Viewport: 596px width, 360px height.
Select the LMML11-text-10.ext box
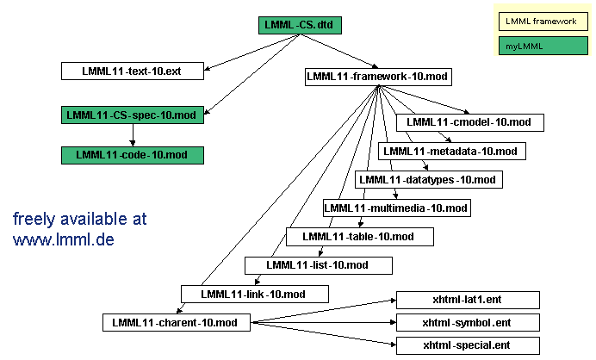[x=133, y=71]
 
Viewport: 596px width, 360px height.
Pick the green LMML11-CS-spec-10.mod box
[x=133, y=115]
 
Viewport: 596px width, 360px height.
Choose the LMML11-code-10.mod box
[x=133, y=155]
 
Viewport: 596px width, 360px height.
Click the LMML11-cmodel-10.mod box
[x=470, y=122]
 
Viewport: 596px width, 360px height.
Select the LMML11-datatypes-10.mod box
[x=428, y=180]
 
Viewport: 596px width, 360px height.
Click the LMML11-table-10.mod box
[x=359, y=237]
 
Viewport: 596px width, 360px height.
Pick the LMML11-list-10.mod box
[x=319, y=265]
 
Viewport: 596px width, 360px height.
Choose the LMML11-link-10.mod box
[x=255, y=294]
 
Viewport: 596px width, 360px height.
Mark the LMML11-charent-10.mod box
[x=176, y=323]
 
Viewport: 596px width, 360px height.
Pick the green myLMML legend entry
[x=541, y=45]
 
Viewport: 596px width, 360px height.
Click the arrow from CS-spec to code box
[x=133, y=135]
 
